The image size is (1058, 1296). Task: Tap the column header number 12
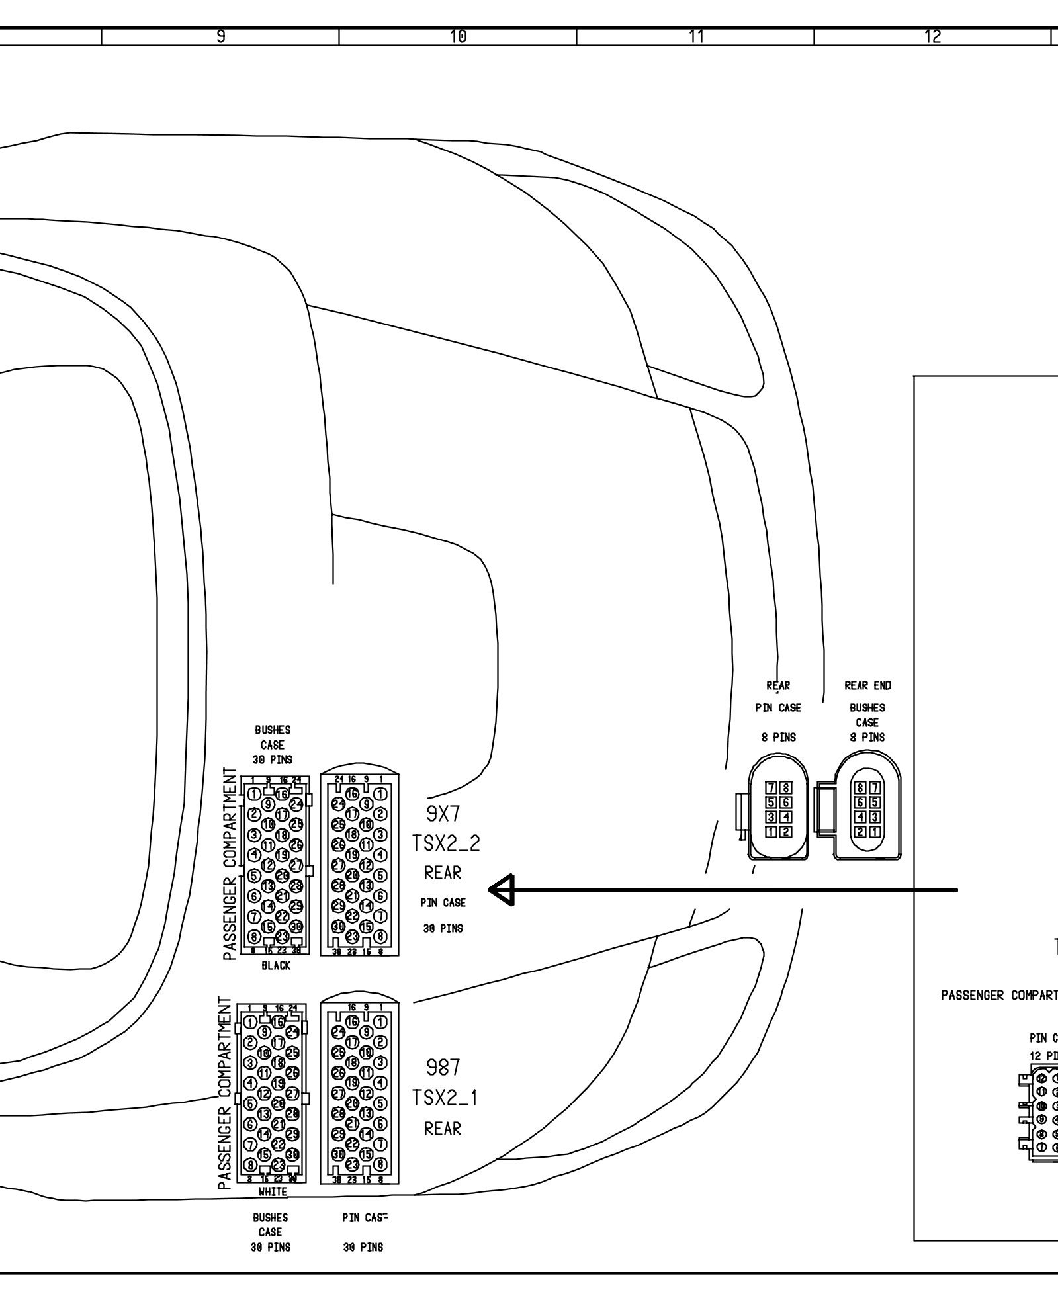[x=932, y=37]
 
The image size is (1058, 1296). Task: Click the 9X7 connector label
[x=443, y=815]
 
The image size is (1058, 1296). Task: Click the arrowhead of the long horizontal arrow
[x=500, y=890]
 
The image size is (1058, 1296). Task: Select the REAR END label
[x=867, y=685]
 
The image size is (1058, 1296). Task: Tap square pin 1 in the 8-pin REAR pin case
[x=771, y=832]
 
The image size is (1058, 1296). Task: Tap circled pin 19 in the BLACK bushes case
[x=281, y=855]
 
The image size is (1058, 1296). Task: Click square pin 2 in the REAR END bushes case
[x=861, y=832]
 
